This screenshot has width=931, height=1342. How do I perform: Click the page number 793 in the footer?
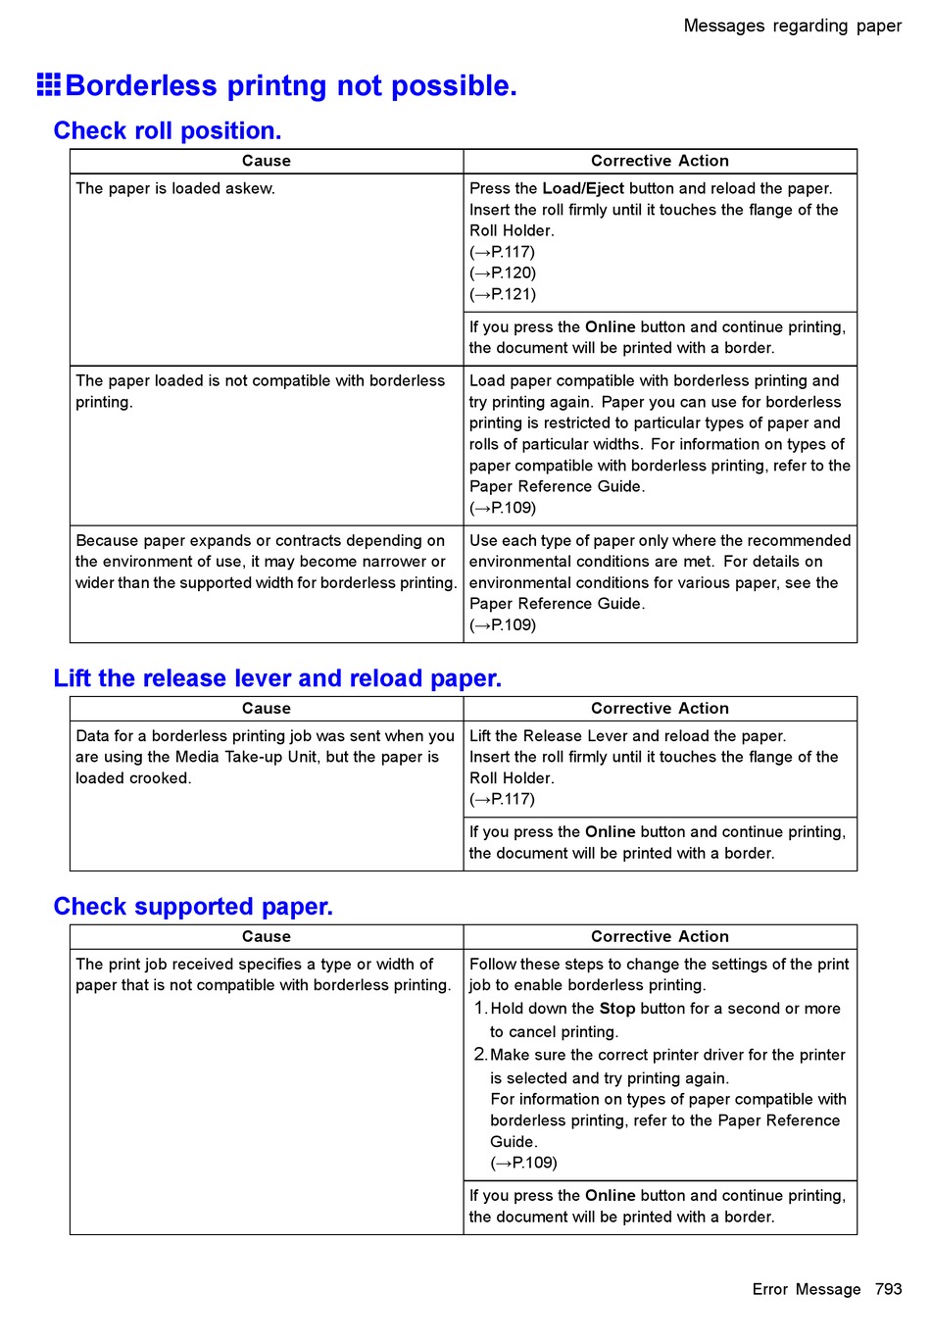pos(888,1289)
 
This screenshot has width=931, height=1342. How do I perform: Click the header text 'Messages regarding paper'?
pos(792,25)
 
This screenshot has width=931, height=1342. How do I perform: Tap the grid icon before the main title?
pos(49,85)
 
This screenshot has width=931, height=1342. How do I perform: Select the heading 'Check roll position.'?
pos(168,130)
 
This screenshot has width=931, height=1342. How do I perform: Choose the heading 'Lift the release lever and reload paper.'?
pos(277,678)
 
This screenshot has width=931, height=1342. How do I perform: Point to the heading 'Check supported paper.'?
pos(193,907)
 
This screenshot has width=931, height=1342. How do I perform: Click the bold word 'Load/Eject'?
pos(583,188)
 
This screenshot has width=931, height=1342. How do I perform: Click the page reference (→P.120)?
pos(503,273)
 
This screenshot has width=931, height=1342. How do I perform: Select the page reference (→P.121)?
pos(503,294)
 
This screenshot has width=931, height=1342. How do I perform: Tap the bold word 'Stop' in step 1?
pos(617,1009)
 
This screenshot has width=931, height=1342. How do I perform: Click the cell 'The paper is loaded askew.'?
pos(175,188)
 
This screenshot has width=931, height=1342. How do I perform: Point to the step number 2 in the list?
pos(479,1055)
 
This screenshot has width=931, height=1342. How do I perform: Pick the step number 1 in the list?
pos(479,1009)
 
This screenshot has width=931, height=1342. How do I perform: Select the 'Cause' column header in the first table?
pos(267,161)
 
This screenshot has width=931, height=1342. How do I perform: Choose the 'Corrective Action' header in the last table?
pos(660,936)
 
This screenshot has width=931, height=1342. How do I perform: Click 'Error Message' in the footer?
pos(807,1289)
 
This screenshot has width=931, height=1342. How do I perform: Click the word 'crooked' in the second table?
pos(159,778)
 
